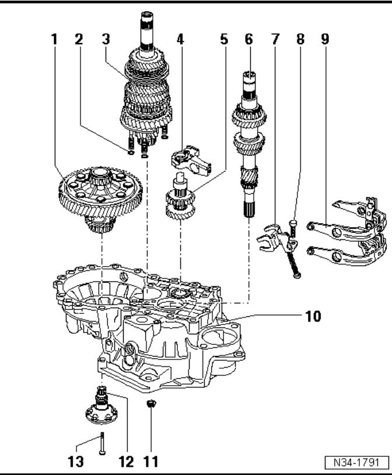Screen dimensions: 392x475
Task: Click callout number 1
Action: click(54, 39)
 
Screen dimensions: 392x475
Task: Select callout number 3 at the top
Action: click(106, 39)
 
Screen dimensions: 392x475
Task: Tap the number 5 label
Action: click(224, 39)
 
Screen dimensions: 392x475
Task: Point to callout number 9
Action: click(325, 39)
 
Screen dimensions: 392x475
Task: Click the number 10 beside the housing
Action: click(313, 316)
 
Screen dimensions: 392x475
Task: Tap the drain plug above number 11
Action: click(151, 403)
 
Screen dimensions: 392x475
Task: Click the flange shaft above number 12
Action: click(101, 406)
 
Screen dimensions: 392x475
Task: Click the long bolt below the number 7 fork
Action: click(294, 261)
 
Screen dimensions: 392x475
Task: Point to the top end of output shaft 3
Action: click(148, 15)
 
